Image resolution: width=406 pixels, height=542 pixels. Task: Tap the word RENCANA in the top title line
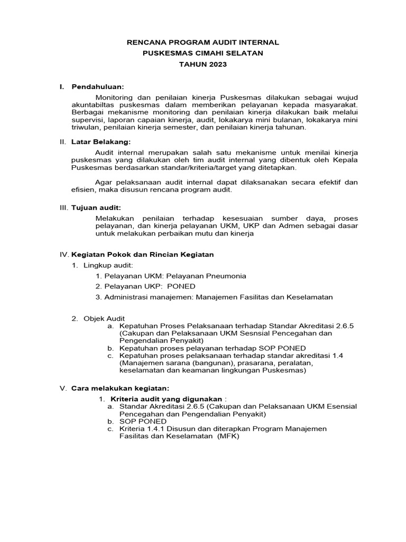[146, 42]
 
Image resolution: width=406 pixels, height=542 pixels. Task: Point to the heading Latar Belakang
[100, 142]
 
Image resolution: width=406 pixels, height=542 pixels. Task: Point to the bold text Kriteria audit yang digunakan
[166, 398]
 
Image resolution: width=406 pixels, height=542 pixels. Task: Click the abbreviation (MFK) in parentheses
[228, 437]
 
